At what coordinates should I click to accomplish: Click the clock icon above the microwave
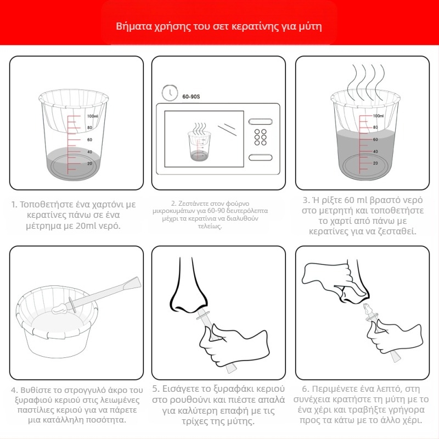coord(170,92)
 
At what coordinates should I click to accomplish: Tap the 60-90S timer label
coord(191,97)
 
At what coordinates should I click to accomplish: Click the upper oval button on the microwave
coord(260,121)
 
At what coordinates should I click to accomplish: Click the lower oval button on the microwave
coord(260,157)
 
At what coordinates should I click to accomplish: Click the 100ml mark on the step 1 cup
coord(92,116)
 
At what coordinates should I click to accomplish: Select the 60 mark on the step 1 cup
coord(89,140)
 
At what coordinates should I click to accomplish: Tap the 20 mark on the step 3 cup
coord(375,163)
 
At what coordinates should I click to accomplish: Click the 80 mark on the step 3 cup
coord(375,127)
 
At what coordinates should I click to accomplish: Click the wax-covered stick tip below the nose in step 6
coord(367,310)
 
